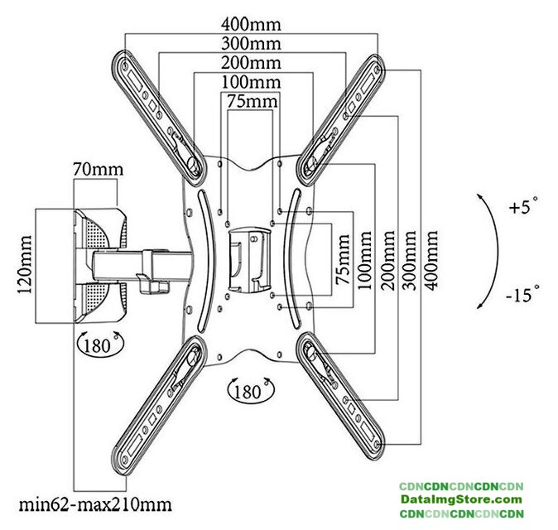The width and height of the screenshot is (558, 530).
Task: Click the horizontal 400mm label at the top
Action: (x=250, y=24)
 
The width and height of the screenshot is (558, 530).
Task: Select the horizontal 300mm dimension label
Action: (x=250, y=43)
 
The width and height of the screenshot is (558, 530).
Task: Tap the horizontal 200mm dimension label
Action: (x=250, y=63)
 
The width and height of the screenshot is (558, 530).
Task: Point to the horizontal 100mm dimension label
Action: (x=250, y=83)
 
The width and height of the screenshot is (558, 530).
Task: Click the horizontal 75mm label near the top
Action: (x=250, y=102)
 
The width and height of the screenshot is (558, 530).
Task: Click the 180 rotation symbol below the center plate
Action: (x=251, y=389)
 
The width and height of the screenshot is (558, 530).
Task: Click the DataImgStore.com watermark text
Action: (x=460, y=499)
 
